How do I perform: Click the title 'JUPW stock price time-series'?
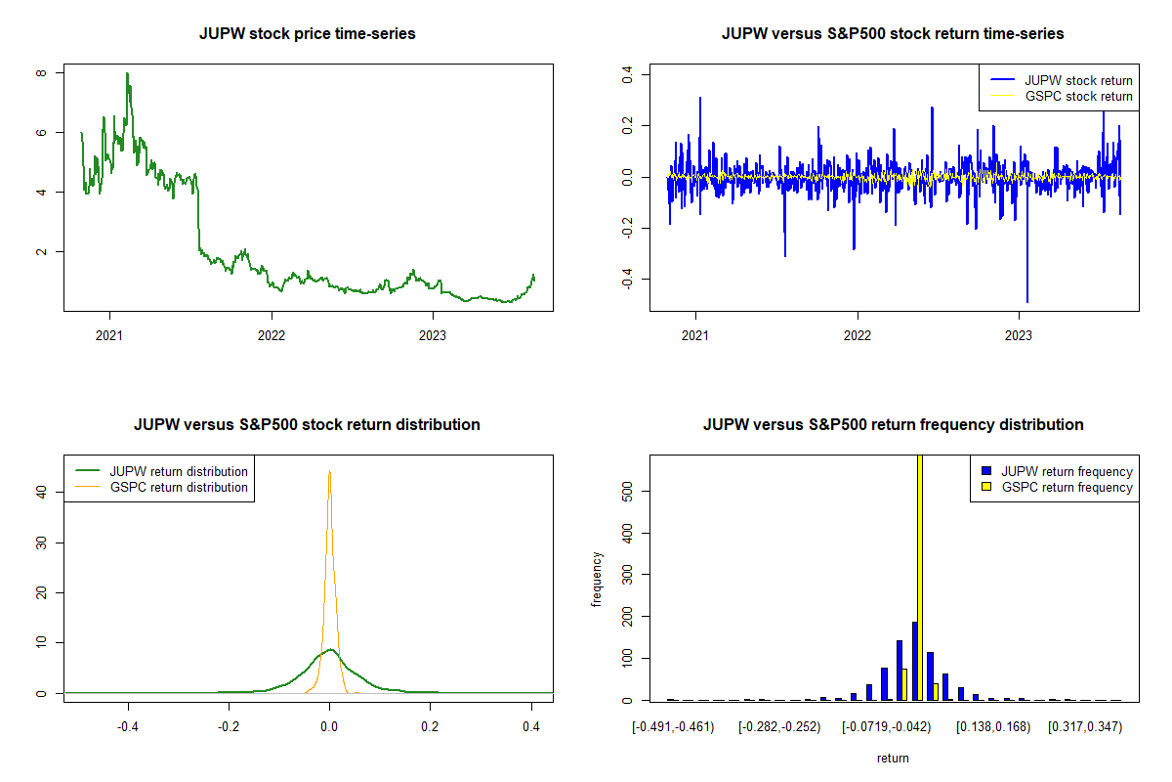coord(307,34)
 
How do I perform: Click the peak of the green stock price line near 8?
coord(127,74)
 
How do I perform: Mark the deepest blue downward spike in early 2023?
coord(1026,299)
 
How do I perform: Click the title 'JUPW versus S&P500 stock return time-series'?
coord(893,34)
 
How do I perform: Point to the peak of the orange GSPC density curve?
coord(330,472)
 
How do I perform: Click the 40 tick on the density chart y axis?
coord(42,492)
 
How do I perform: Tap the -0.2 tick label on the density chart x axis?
coord(229,726)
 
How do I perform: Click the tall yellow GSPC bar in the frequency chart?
coord(920,577)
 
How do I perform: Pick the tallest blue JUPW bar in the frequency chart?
coord(914,661)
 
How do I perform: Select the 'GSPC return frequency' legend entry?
coord(1060,487)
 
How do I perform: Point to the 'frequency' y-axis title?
coord(598,579)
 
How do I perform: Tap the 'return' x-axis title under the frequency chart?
coord(893,758)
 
